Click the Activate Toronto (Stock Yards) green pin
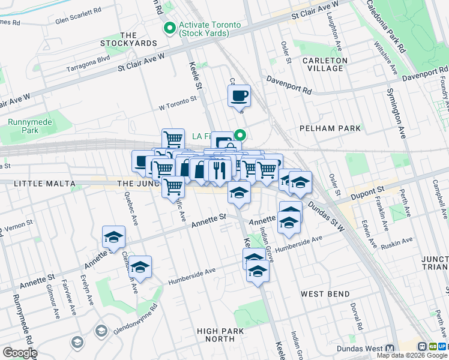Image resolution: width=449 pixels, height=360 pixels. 170,28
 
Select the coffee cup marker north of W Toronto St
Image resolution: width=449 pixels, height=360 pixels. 239,95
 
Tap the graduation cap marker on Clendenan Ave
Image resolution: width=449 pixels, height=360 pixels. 140,268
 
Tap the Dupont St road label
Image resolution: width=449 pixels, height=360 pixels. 367,191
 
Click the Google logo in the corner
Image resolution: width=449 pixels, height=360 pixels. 19,353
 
